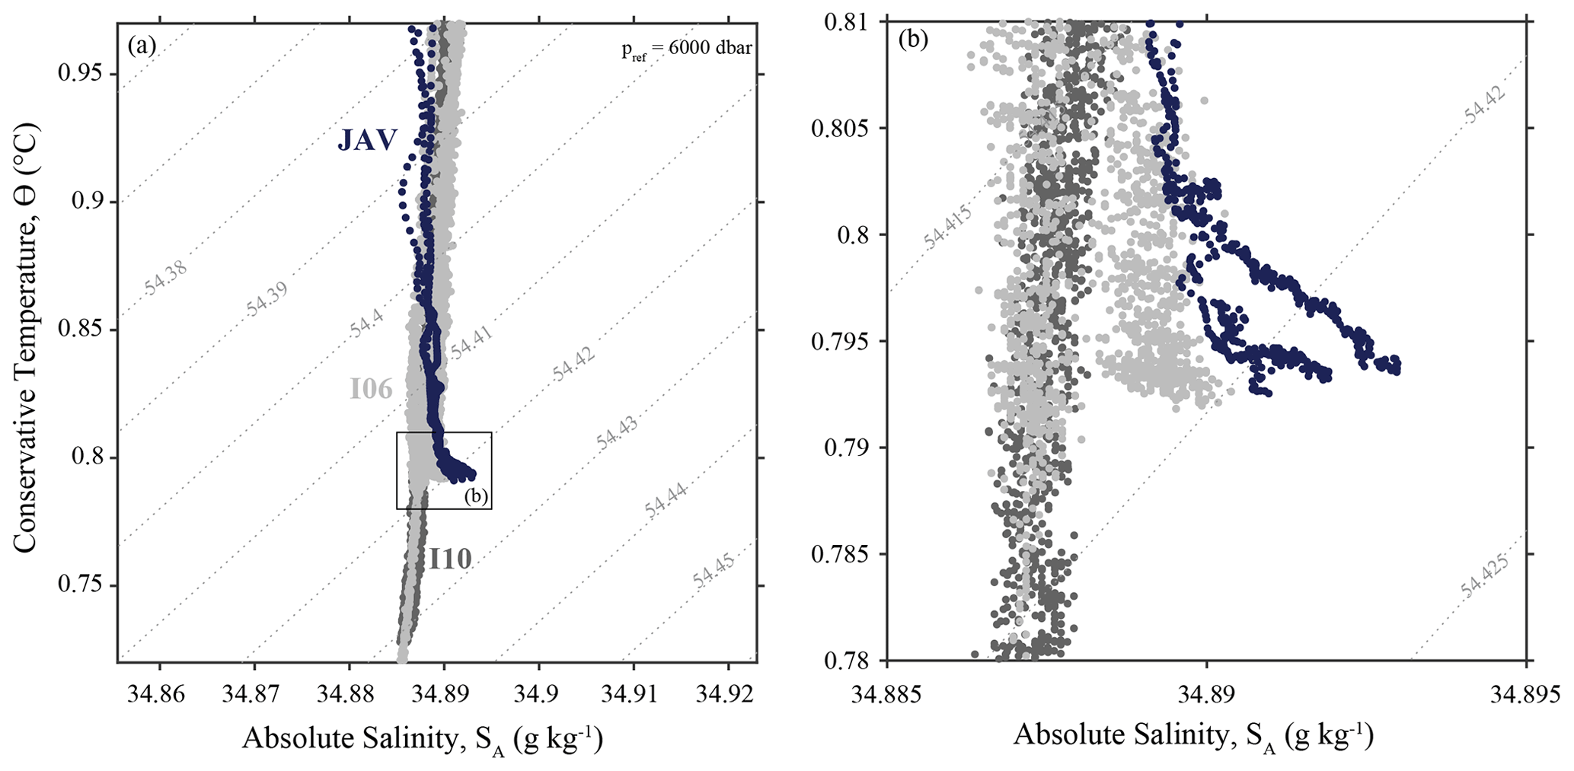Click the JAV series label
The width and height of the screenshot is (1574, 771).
(367, 140)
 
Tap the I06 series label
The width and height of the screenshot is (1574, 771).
(371, 390)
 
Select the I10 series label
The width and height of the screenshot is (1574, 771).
(450, 559)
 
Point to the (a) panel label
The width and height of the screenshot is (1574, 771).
(142, 46)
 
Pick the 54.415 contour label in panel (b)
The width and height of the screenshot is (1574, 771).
(947, 228)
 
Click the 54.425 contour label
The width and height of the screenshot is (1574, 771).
(1485, 578)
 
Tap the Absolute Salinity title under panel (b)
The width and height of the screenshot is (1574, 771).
(1193, 736)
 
